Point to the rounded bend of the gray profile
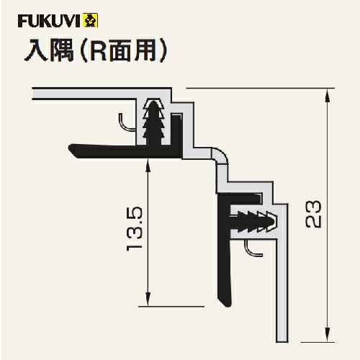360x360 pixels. pyautogui.click(x=221, y=155)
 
